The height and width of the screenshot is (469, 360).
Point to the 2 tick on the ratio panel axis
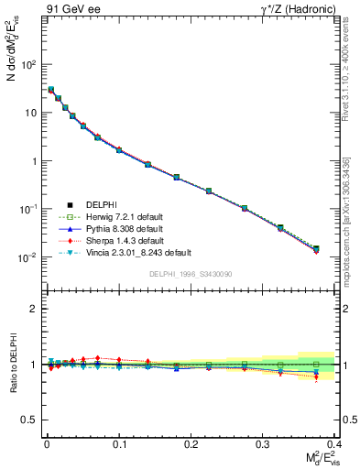click(33, 309)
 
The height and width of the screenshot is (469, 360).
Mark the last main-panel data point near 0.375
click(316, 248)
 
